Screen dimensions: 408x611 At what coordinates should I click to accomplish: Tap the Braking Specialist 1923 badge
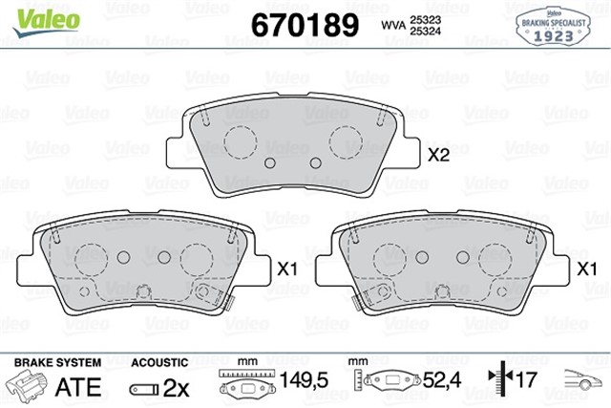click(558, 27)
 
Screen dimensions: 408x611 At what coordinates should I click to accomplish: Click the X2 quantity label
click(439, 156)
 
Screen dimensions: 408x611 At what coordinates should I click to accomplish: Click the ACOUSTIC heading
click(157, 363)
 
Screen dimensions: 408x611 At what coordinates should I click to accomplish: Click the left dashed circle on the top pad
click(240, 141)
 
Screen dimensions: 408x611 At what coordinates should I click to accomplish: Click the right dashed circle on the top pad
click(346, 141)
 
